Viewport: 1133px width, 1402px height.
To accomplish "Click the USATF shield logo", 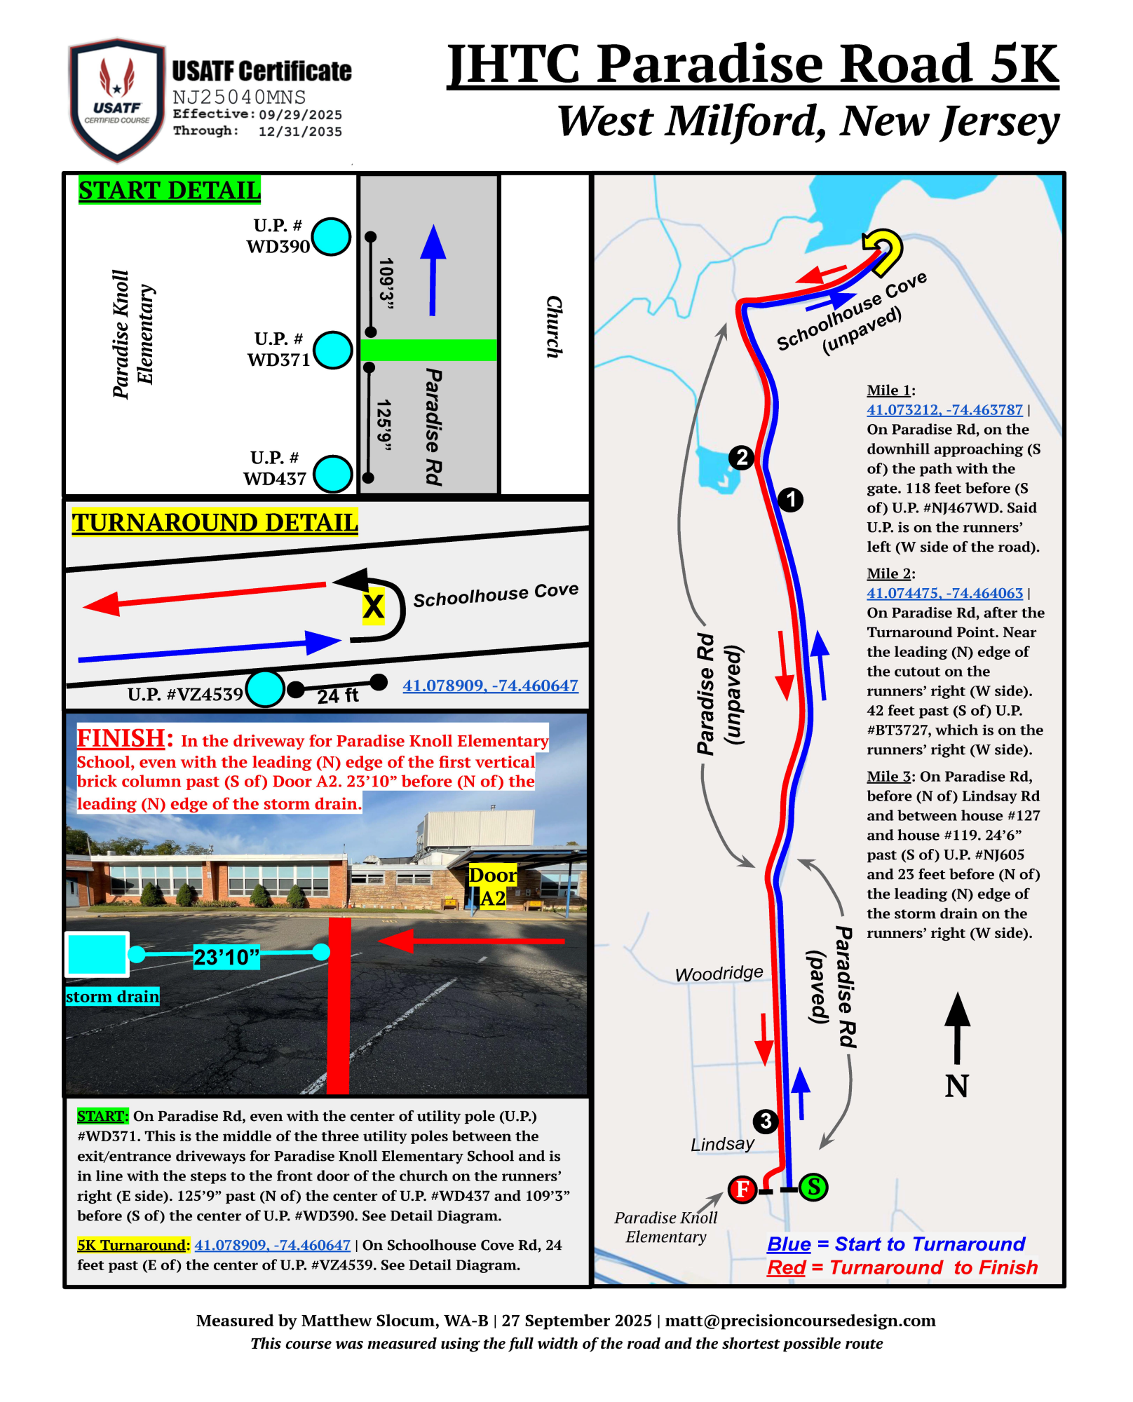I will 117,100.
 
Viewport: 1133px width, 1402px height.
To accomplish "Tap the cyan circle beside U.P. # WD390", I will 331,236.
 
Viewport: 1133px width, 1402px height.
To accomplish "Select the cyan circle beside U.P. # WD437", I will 332,474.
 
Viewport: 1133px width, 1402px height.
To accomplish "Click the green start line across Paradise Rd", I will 428,350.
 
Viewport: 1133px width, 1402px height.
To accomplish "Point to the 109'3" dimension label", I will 386,283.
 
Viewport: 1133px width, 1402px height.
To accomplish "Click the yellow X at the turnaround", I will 373,606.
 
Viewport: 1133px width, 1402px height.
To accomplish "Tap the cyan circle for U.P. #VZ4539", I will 266,688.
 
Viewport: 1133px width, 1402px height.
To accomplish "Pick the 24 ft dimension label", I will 337,696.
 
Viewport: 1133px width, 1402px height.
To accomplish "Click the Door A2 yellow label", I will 493,887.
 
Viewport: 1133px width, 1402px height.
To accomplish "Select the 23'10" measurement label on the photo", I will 226,957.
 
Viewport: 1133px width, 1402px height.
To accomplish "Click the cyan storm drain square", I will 97,954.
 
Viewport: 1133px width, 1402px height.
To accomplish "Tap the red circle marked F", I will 742,1189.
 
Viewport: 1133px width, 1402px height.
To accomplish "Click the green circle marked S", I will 813,1187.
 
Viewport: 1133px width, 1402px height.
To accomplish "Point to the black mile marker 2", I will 741,458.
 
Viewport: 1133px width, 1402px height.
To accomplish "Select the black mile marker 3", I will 766,1121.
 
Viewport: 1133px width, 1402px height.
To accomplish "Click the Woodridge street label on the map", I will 719,974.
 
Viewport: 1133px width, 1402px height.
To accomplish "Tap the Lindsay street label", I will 722,1144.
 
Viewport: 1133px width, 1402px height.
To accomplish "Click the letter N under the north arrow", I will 956,1087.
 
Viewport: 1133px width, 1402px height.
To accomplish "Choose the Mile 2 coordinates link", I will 944,593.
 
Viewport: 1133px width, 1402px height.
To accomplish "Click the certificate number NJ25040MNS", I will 239,97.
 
